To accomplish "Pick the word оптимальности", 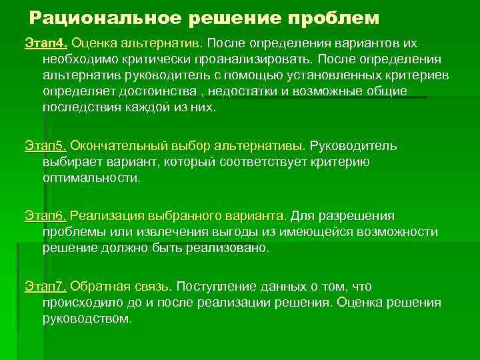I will coord(91,177).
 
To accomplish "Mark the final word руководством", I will coord(87,318).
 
